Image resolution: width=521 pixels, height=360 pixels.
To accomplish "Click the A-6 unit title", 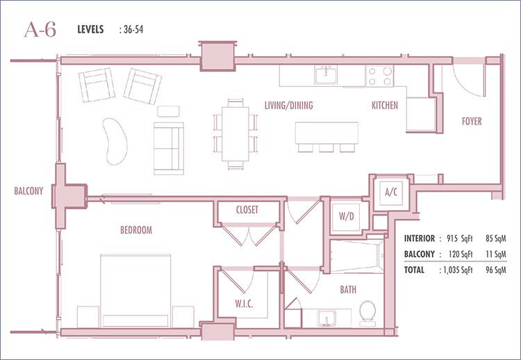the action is coord(40,30).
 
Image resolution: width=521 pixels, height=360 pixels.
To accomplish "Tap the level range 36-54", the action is coord(133,30).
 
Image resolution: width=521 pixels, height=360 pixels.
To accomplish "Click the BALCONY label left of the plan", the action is coord(28,191).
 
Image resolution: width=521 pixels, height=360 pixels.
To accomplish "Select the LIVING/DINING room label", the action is coord(289,106).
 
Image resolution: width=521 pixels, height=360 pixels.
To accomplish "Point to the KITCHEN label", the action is coord(385,106).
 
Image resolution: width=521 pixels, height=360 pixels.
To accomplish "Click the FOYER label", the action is coord(472,122).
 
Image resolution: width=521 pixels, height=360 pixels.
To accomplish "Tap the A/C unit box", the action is coord(391,193).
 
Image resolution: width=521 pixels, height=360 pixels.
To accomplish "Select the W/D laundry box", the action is coord(347,216).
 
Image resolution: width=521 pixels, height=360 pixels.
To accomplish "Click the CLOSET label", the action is coord(247,210).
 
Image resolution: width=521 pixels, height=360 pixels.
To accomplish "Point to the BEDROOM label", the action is coord(136,230).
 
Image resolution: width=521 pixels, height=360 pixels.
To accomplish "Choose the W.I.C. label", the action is coord(245,304).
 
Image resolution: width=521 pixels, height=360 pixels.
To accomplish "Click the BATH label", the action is coord(348,290).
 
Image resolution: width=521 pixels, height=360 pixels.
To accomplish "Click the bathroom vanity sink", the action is coord(326,318).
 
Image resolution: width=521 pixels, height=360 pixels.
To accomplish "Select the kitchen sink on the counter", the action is coord(326,75).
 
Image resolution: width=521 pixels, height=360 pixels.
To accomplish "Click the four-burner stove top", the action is coord(380,76).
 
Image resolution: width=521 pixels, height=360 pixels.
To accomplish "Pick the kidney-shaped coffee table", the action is coord(115,141).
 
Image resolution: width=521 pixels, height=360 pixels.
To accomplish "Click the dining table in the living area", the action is coord(235,134).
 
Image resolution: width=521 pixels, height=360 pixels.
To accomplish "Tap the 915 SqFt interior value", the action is coord(460,238).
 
